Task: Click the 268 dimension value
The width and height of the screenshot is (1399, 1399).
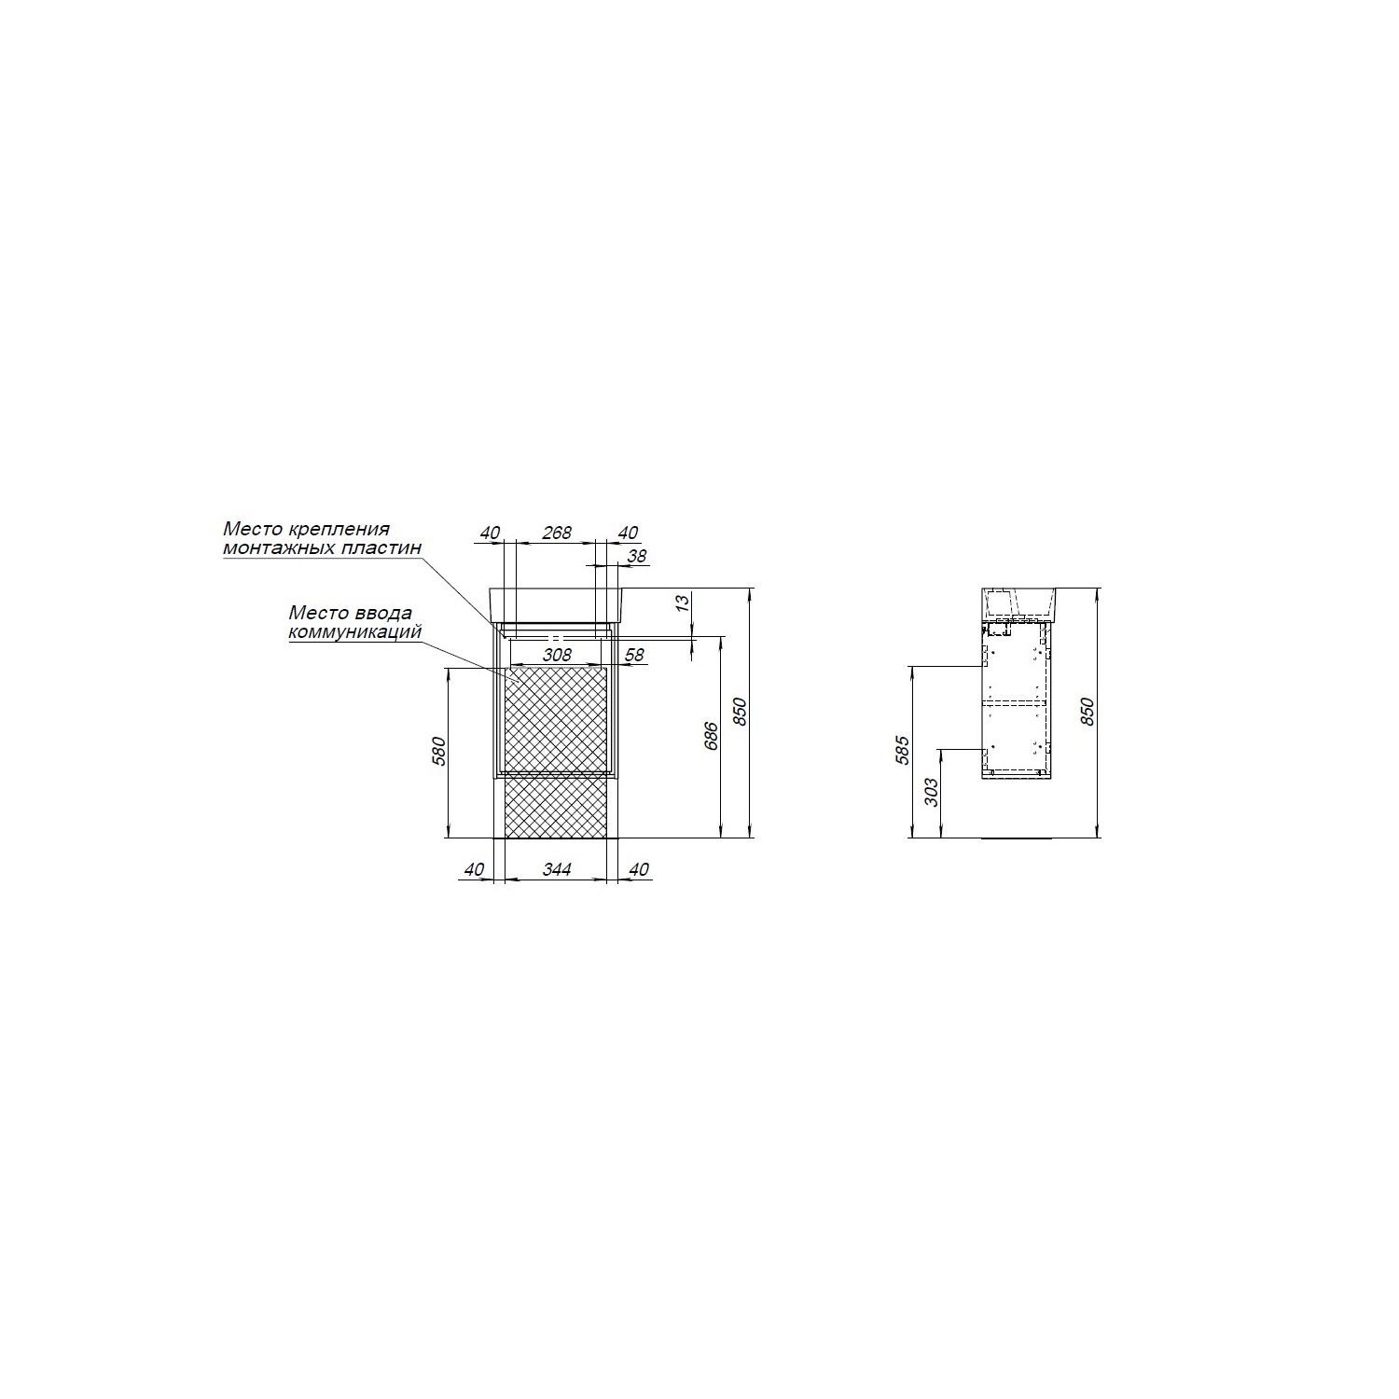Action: coord(557,533)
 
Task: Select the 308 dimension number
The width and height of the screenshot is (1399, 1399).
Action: coord(557,655)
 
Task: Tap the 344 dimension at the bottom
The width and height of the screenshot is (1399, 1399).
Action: coord(557,869)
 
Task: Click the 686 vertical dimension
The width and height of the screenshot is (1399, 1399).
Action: coord(712,737)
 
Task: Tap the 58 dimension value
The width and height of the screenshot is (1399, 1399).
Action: coord(634,655)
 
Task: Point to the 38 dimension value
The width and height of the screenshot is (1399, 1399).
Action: coord(638,556)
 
